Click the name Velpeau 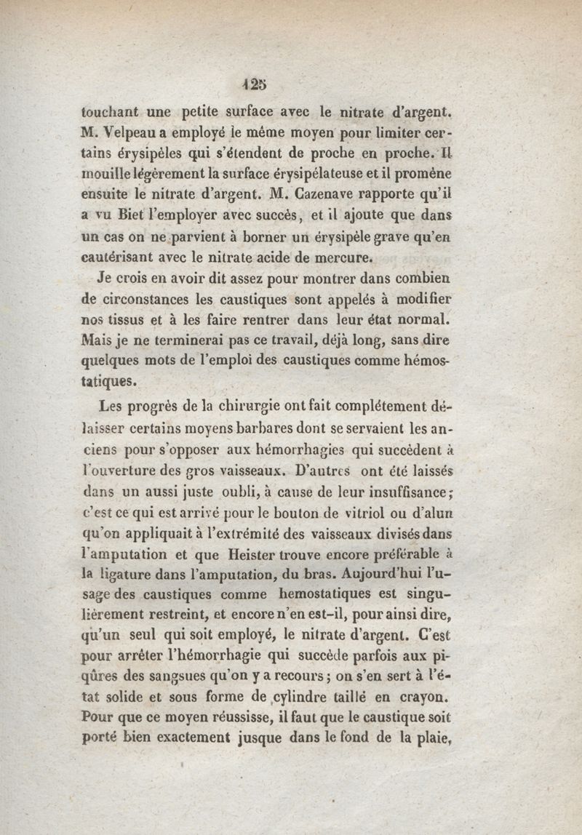coord(132,135)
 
